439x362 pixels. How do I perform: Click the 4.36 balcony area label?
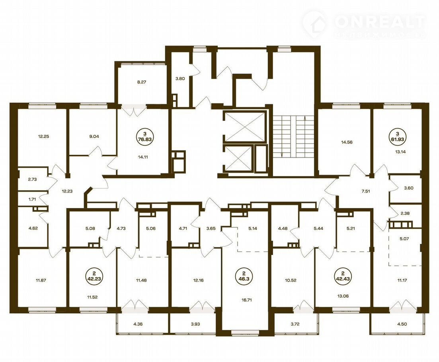138,324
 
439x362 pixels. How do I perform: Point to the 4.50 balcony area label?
402,324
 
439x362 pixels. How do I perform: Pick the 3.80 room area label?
180,79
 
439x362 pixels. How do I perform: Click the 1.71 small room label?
32,200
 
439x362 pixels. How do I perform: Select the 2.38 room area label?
405,214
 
